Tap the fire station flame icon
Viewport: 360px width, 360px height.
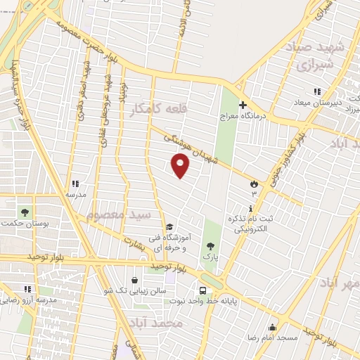253,184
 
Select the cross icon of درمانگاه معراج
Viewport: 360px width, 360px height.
243,105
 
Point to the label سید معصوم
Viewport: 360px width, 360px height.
118,213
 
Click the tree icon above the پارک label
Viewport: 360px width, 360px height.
210,246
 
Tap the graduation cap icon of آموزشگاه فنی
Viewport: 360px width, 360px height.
169,226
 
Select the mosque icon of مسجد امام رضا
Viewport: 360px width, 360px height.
272,327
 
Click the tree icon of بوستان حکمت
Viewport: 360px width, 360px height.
25,212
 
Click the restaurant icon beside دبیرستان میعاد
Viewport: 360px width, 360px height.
317,91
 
